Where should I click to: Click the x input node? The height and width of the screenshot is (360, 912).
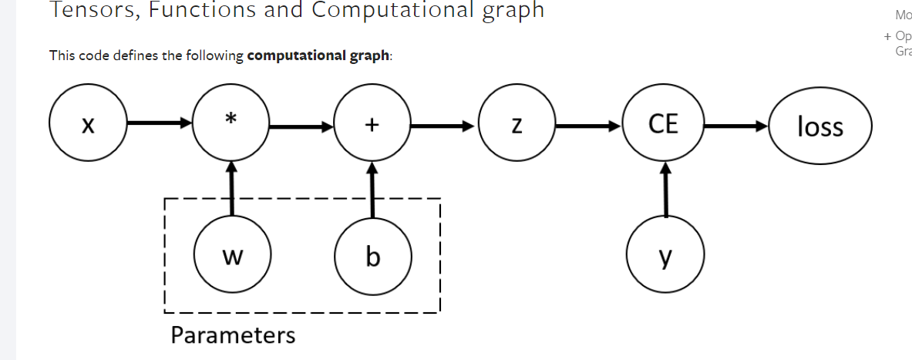point(87,123)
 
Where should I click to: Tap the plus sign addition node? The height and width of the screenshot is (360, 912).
point(372,123)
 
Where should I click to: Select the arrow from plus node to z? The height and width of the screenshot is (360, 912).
point(445,124)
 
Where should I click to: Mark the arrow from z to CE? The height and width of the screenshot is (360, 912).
point(591,124)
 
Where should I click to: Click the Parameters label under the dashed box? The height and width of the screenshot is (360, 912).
point(233,336)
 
